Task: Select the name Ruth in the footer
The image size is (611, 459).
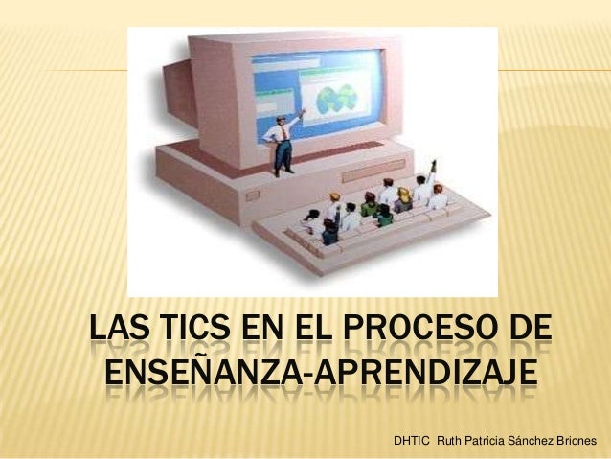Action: (x=452, y=441)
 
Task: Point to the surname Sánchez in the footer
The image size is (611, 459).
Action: (x=539, y=441)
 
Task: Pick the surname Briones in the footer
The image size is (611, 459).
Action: (x=583, y=441)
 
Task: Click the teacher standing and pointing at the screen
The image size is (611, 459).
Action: (x=282, y=143)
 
